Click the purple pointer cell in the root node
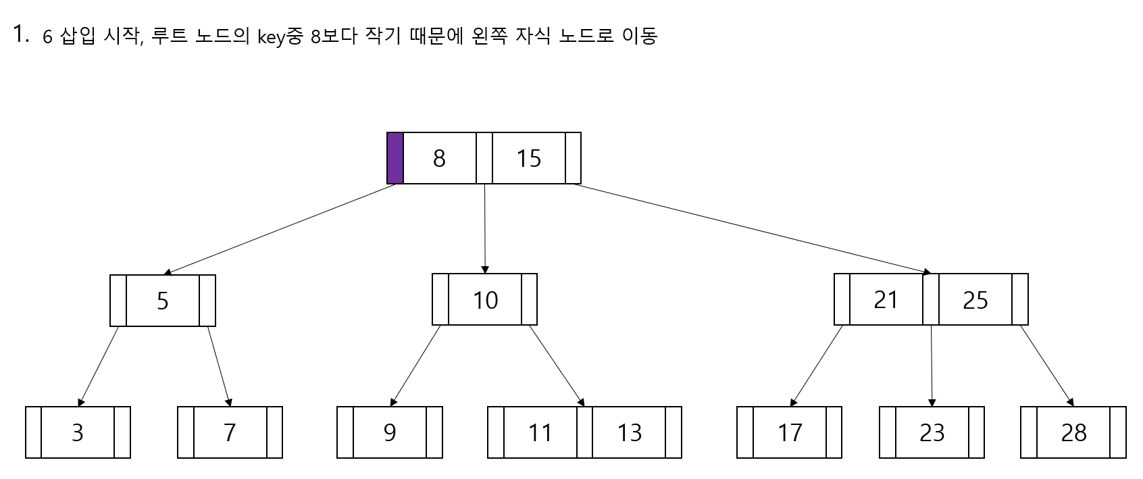(395, 158)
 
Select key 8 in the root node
(439, 158)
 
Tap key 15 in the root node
(528, 158)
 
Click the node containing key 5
(163, 301)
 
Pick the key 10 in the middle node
(485, 300)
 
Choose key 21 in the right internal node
(886, 299)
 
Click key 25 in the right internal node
(975, 300)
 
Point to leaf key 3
(78, 432)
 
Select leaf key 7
(230, 432)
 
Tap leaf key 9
(390, 432)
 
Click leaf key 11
(540, 432)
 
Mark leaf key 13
(629, 432)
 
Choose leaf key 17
(790, 432)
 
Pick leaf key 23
(932, 432)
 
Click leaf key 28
(1073, 432)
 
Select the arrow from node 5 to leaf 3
(99, 365)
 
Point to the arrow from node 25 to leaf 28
(1046, 365)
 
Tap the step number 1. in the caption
(20, 34)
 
